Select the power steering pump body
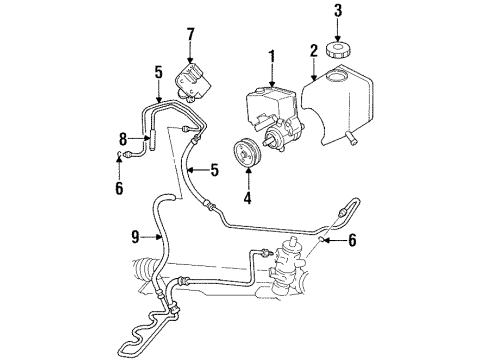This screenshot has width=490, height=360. click(276, 109)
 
